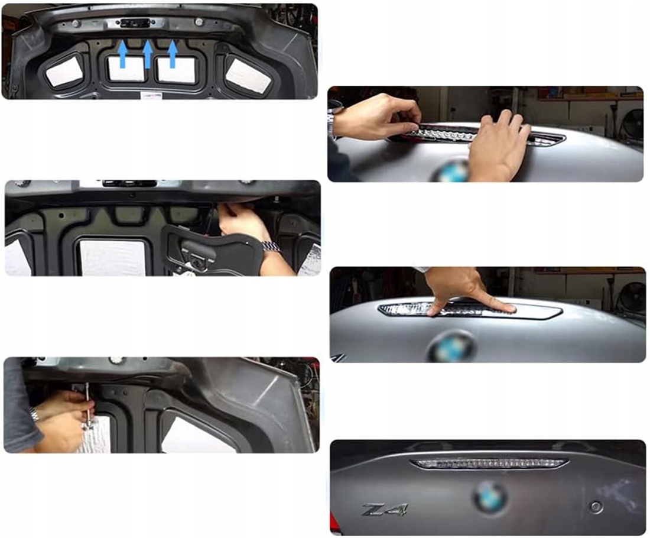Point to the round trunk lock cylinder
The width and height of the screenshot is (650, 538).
pos(596,507)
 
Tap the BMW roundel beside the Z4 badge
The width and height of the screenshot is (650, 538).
pos(490,497)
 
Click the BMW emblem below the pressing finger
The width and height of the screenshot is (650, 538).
pos(451,348)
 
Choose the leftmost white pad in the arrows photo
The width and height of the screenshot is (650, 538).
pos(64,72)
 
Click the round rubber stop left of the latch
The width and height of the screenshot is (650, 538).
pos(76,23)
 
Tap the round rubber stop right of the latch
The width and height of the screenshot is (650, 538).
pos(199,21)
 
